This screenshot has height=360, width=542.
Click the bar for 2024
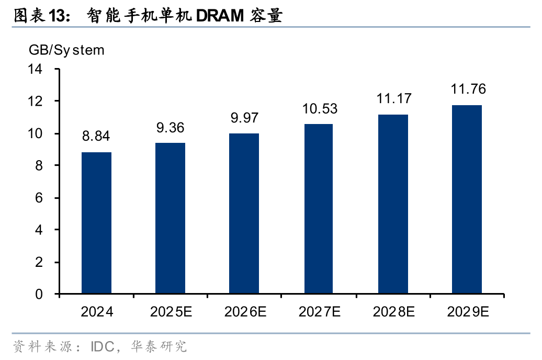point(96,223)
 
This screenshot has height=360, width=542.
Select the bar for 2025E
point(171,219)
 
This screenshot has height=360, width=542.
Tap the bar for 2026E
point(245,213)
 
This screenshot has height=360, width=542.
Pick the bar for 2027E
point(319,209)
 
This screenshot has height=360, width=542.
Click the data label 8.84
point(97,137)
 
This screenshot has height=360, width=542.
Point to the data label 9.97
point(245,118)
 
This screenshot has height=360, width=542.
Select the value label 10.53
point(319,109)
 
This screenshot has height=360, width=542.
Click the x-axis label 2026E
point(245,313)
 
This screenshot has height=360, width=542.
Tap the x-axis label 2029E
point(468,313)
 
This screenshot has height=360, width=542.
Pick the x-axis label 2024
point(97,313)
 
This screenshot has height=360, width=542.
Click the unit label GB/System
point(66,50)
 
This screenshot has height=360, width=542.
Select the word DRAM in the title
point(219,16)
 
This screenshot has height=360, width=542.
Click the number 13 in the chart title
point(57,16)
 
